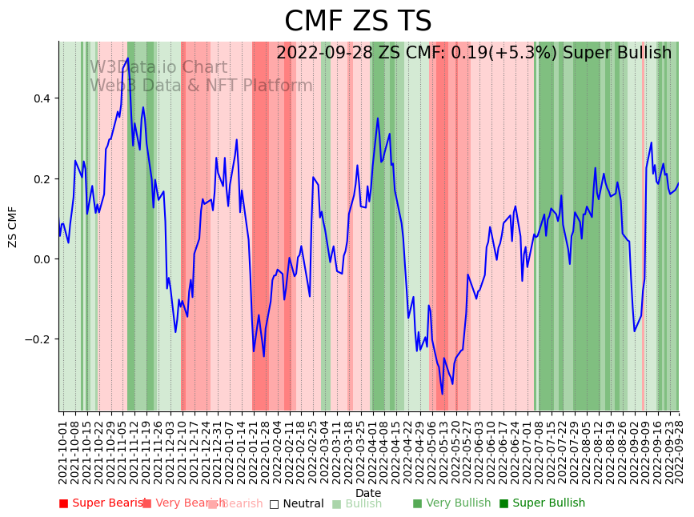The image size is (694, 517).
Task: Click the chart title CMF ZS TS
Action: [358, 22]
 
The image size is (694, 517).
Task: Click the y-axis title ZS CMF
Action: [13, 226]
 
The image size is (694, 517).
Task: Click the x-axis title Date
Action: [368, 493]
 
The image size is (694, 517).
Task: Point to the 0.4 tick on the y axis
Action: [40, 98]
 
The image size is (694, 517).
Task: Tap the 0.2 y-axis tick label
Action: [40, 178]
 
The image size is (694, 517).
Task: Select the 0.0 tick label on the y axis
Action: [40, 259]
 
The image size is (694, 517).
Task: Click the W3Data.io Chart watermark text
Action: [158, 68]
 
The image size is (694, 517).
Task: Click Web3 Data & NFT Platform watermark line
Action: [201, 86]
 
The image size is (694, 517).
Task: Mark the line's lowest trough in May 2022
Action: [442, 394]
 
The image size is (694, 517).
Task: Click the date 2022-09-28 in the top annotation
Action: [323, 54]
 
